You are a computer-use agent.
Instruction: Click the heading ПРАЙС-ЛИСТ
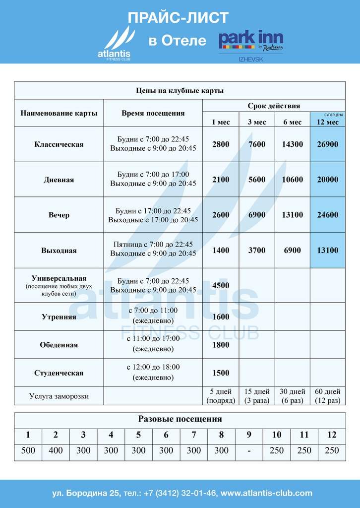[178, 18]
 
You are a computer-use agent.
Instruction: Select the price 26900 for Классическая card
[327, 144]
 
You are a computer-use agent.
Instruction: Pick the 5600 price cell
[257, 180]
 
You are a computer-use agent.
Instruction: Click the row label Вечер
[59, 215]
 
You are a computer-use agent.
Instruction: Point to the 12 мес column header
[327, 122]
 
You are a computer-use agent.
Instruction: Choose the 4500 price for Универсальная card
[221, 286]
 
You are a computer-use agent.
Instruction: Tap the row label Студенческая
[59, 373]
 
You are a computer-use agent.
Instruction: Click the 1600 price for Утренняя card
[221, 317]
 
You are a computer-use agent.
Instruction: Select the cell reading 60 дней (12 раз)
[327, 396]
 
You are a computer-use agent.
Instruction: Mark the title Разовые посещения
[180, 419]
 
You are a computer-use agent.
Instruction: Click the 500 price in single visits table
[28, 450]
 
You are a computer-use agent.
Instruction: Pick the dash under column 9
[249, 450]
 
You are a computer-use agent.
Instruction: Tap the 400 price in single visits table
[56, 450]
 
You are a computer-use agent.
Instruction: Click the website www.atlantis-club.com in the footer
[266, 493]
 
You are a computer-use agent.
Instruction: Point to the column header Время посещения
[153, 113]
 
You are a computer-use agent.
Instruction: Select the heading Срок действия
[274, 106]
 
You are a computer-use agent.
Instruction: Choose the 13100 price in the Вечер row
[292, 215]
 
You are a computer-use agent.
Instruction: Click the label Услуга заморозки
[59, 396]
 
